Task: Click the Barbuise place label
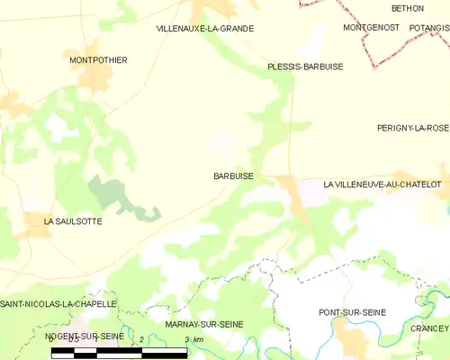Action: point(233,176)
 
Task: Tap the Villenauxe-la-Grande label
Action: point(204,29)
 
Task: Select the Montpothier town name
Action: point(98,60)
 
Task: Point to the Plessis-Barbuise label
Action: point(305,67)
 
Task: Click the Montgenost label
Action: point(371,28)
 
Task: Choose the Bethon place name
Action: point(407,8)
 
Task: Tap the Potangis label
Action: point(428,28)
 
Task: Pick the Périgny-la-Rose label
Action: point(413,129)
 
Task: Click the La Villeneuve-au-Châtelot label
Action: point(382,184)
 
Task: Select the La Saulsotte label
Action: point(73,220)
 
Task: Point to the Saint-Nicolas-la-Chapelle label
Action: point(58,304)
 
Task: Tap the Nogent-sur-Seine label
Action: point(84,336)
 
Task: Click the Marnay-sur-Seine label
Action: point(204,324)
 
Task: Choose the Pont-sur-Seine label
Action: point(352,312)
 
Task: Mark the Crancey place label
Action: point(429,329)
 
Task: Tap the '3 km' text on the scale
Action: point(193,339)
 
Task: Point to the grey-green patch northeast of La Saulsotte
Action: point(112,193)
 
